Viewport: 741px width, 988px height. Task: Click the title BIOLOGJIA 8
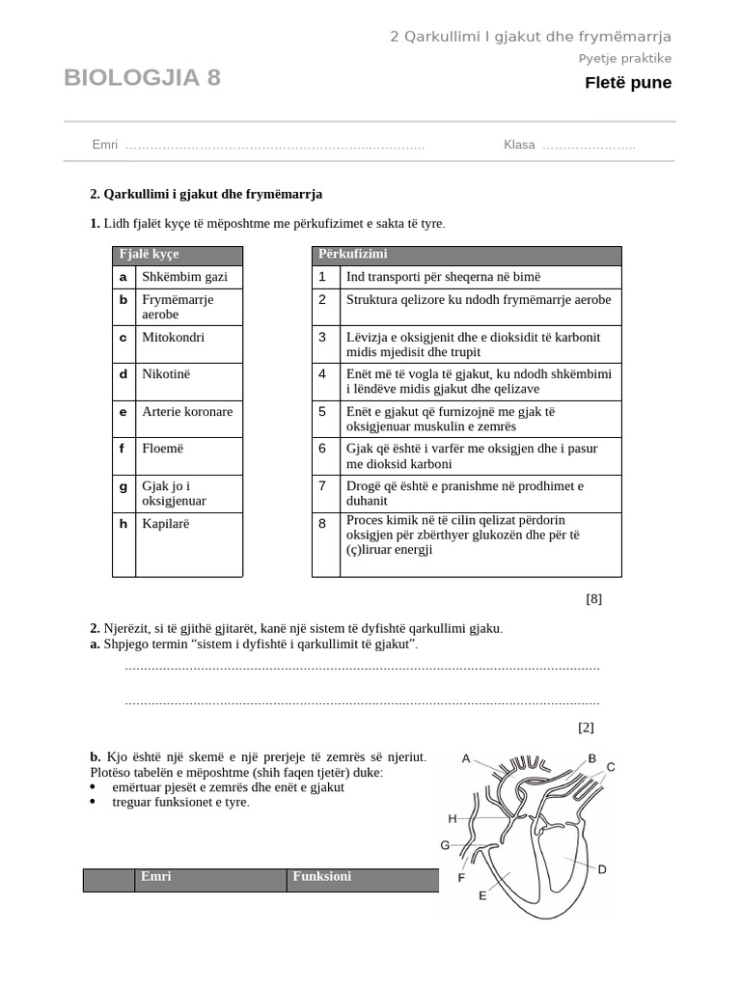tap(142, 78)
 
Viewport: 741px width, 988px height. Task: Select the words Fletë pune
tap(627, 83)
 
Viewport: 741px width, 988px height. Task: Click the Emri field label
tap(105, 145)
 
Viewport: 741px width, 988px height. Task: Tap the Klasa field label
tap(519, 145)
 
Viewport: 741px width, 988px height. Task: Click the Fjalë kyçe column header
tap(148, 255)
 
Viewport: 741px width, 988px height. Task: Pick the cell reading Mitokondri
tap(174, 337)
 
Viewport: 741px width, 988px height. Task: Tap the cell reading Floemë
tap(162, 449)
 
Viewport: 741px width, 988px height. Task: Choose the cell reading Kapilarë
tap(166, 524)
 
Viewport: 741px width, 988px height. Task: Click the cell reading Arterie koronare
tap(187, 412)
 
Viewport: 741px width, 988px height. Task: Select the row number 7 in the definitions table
tap(323, 485)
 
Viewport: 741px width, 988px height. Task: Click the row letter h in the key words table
tap(123, 524)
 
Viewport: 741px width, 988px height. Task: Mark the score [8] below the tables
tap(593, 598)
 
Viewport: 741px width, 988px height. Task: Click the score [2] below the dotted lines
tap(586, 727)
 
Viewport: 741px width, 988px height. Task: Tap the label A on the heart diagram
tap(466, 758)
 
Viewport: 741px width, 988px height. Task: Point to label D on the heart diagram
tap(602, 869)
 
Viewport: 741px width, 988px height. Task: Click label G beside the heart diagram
tap(446, 845)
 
